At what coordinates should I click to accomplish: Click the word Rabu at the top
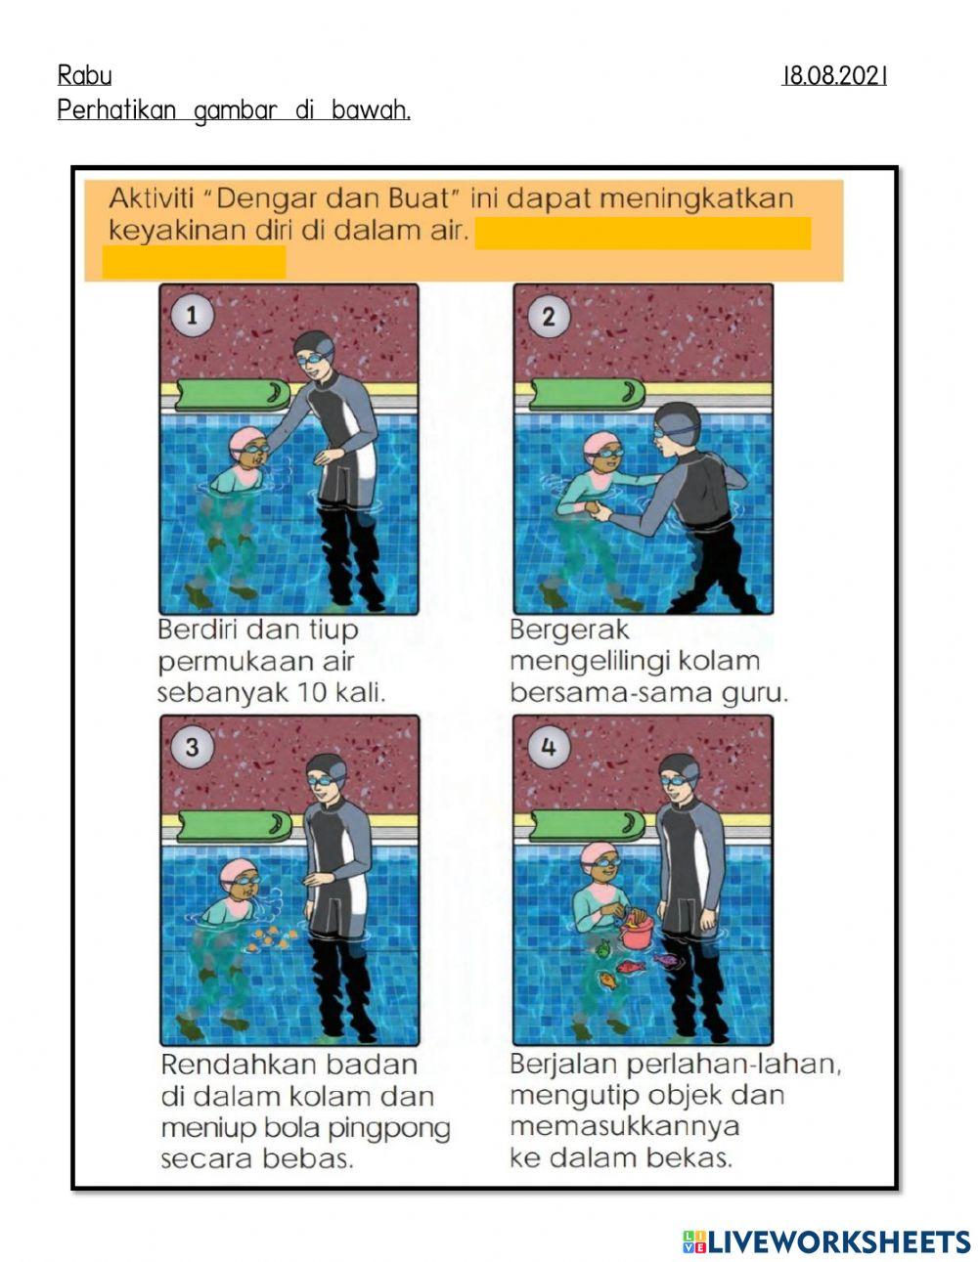(x=84, y=75)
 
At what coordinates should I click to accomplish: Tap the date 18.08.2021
(x=834, y=75)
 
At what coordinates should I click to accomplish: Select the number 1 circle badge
(x=192, y=315)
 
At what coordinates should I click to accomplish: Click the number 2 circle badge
(x=548, y=316)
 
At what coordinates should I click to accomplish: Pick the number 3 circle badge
(x=192, y=746)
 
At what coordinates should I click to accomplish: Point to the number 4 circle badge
(x=548, y=747)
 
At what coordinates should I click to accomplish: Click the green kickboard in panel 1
(x=230, y=394)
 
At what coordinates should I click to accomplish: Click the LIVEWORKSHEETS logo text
(x=838, y=1241)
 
